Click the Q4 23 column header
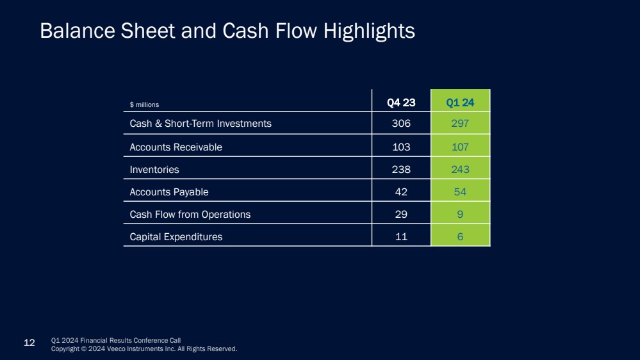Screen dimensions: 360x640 (401, 102)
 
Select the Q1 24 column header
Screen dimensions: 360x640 (460, 102)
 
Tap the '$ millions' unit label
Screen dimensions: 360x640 (144, 104)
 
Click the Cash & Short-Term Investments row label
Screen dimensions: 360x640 (201, 123)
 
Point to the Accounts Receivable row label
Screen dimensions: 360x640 (176, 147)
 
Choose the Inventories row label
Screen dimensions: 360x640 (154, 170)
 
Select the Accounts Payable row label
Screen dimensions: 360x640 (169, 192)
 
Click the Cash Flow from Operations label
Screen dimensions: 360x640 (190, 214)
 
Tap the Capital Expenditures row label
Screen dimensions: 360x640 (176, 236)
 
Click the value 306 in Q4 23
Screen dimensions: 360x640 (401, 123)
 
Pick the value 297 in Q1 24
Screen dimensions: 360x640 (460, 123)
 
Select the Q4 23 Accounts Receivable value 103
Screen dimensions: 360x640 (401, 147)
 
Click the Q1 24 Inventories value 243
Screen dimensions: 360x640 (460, 170)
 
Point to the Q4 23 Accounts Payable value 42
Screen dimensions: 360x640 (401, 192)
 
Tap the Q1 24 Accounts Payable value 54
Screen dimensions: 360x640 (460, 192)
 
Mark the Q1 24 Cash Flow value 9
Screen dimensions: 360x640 (460, 214)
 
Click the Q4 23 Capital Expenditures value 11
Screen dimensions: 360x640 (401, 236)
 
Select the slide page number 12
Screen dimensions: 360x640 (29, 343)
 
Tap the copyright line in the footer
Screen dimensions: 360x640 (144, 349)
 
